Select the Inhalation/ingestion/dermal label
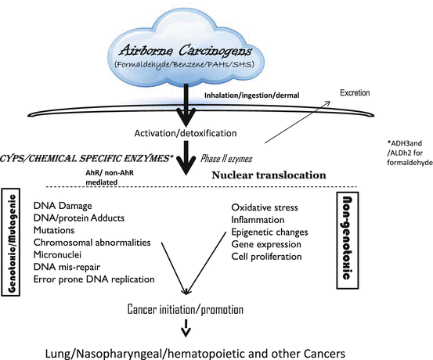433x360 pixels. pyautogui.click(x=247, y=96)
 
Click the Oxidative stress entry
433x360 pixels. pyautogui.click(x=265, y=207)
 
